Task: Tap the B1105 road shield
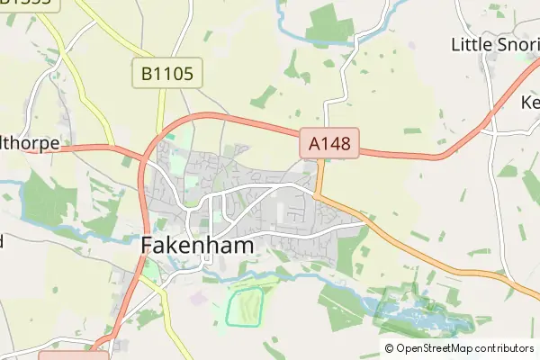coord(167,73)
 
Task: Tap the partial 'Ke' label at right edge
coord(529,102)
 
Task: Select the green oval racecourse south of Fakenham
coord(244,306)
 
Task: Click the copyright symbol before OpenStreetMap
coord(389,348)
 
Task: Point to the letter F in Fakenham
coord(149,244)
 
